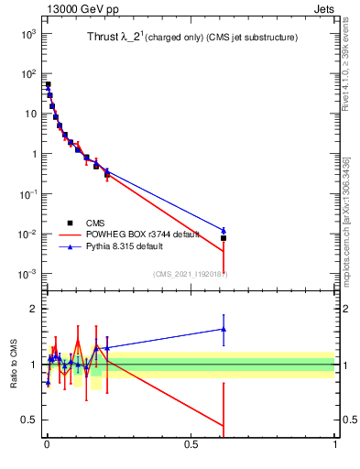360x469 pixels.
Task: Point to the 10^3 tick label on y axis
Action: [28, 34]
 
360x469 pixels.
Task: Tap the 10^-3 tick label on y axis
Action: [28, 275]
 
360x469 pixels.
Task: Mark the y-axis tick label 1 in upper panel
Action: [32, 154]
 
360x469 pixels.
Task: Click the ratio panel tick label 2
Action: [34, 309]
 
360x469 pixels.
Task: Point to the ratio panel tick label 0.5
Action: [30, 420]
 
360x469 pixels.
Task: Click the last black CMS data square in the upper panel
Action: [224, 238]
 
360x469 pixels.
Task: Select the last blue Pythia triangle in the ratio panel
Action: [224, 329]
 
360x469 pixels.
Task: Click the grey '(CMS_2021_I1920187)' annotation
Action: [190, 274]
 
